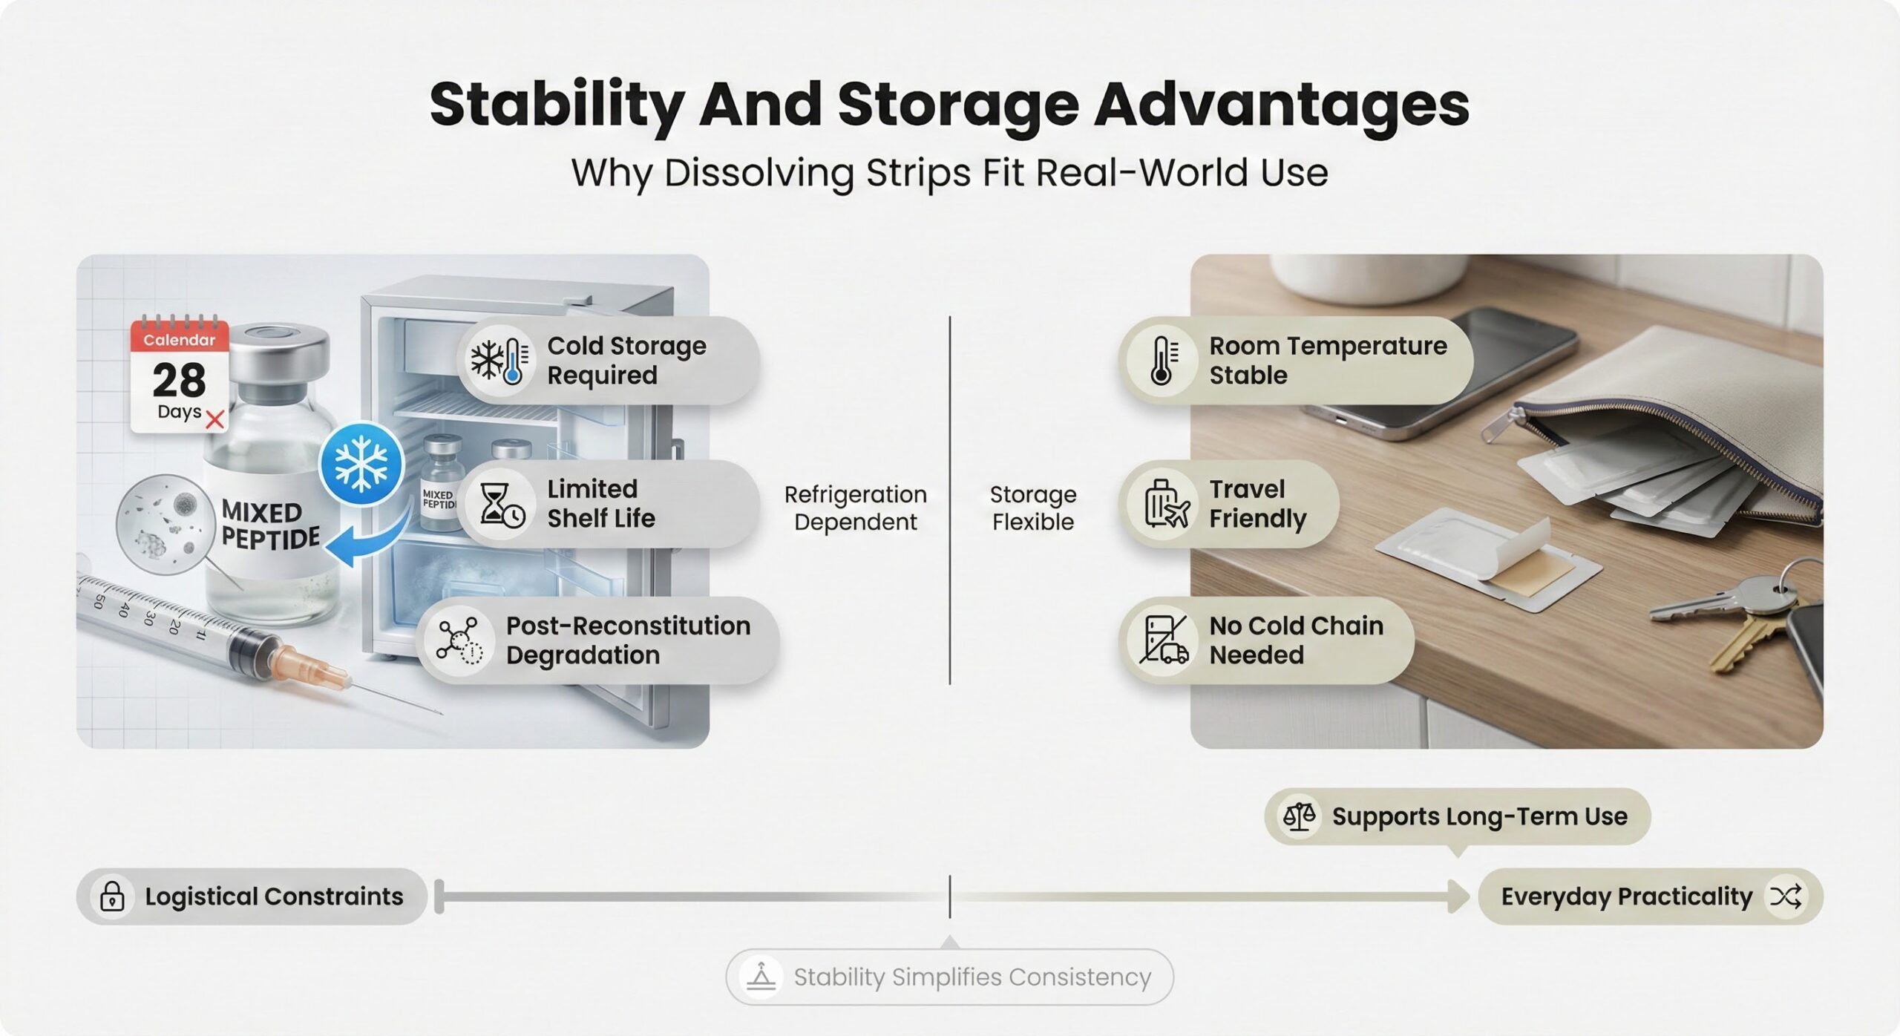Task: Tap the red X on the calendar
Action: coord(214,420)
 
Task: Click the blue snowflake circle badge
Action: coord(361,464)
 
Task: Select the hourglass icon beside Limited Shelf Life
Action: coord(502,505)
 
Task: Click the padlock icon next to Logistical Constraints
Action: coord(112,896)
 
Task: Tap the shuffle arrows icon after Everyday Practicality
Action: coord(1785,896)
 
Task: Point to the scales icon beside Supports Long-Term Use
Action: coord(1300,816)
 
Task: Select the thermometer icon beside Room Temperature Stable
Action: coord(1163,361)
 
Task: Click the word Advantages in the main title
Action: coord(1281,105)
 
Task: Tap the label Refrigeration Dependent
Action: coord(855,508)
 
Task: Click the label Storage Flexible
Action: coord(1033,508)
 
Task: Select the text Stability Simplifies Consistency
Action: coord(972,977)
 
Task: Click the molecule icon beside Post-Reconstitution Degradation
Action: coord(459,639)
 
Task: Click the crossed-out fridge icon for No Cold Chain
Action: coord(1164,639)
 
